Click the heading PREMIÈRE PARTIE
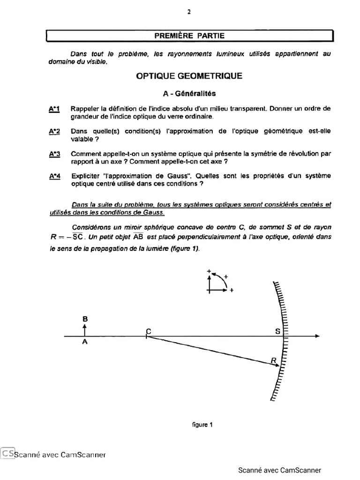pyautogui.click(x=189, y=35)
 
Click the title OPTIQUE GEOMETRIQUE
pyautogui.click(x=189, y=76)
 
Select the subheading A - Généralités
pyautogui.click(x=189, y=93)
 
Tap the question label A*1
pyautogui.click(x=54, y=109)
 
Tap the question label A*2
pyautogui.click(x=54, y=131)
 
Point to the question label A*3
pyautogui.click(x=54, y=154)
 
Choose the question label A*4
pyautogui.click(x=54, y=176)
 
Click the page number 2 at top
pyautogui.click(x=189, y=12)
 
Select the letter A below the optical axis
pyautogui.click(x=85, y=342)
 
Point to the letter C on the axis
pyautogui.click(x=148, y=331)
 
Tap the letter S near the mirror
pyautogui.click(x=277, y=331)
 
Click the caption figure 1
pyautogui.click(x=202, y=425)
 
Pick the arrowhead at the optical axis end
pyautogui.click(x=317, y=337)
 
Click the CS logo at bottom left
pyautogui.click(x=7, y=453)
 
